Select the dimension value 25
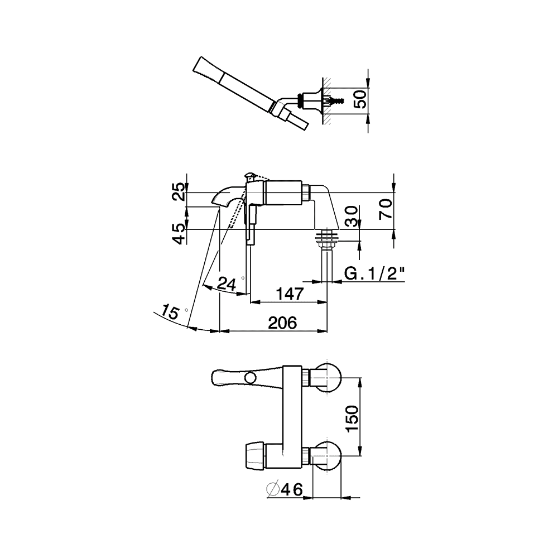180,191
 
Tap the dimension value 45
180,234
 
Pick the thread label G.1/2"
375,273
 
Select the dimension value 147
290,294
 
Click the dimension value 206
282,323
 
